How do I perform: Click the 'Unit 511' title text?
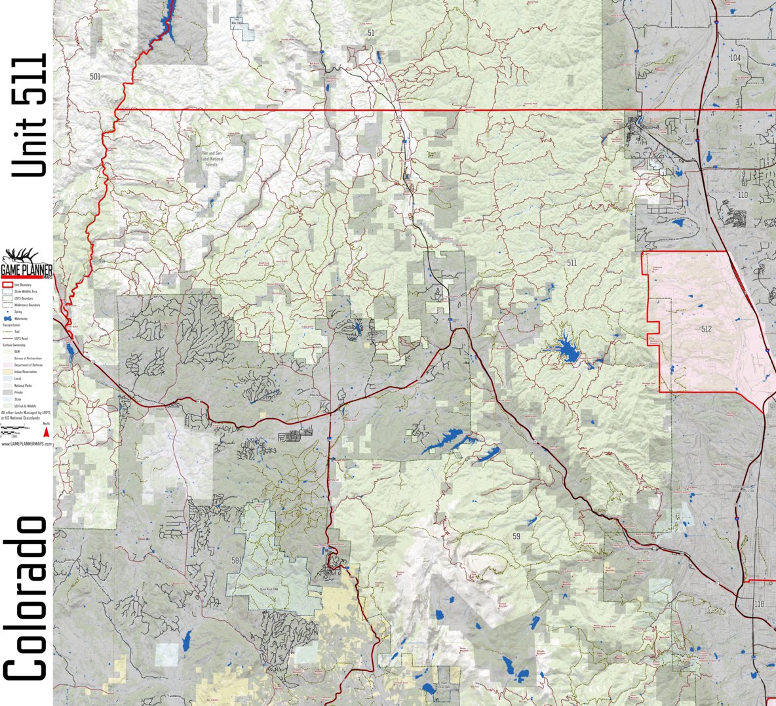(x=30, y=115)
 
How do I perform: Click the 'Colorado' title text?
(x=28, y=598)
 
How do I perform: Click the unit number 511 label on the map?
(x=572, y=263)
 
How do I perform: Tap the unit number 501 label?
(x=95, y=77)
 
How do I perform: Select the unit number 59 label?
(x=516, y=537)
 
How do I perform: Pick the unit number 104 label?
(x=735, y=58)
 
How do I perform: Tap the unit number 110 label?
(x=742, y=195)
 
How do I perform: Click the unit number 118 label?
(x=759, y=604)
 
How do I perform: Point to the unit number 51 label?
(x=371, y=33)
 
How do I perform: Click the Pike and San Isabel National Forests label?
(x=211, y=159)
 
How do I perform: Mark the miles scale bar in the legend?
(x=20, y=428)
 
